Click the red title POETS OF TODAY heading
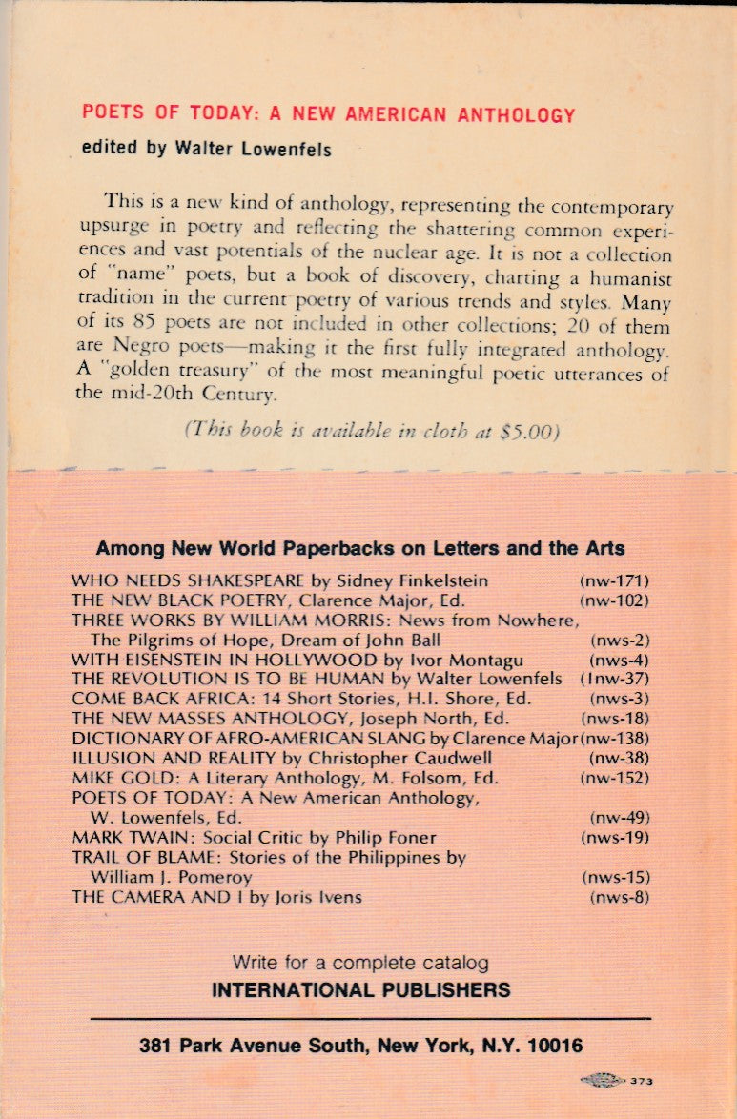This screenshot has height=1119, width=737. coord(329,114)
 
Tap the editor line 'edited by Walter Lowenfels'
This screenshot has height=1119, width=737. coord(207,150)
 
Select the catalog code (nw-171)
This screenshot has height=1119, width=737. coord(614,580)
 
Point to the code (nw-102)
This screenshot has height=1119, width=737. coord(614,600)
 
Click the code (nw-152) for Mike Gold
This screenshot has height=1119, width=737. coord(614,778)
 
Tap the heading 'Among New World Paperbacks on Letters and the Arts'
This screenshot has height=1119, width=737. coord(360,548)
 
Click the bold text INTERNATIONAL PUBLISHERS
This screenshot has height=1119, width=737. coord(360,989)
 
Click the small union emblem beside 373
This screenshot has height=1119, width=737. coord(603,1081)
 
